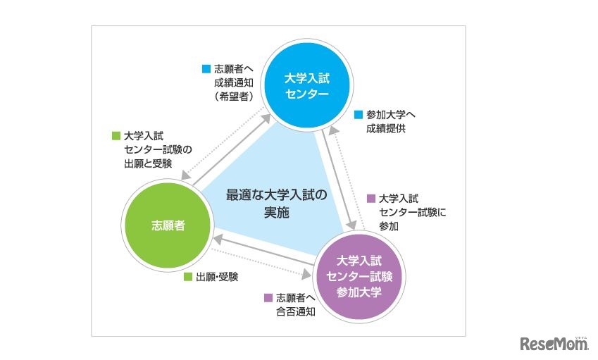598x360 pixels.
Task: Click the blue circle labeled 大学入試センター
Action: click(x=306, y=85)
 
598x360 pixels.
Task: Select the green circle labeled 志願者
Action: click(x=168, y=225)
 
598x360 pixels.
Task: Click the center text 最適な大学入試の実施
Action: click(x=278, y=203)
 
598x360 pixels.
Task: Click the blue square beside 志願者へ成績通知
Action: click(x=206, y=69)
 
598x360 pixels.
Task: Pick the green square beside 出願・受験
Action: click(x=188, y=277)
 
